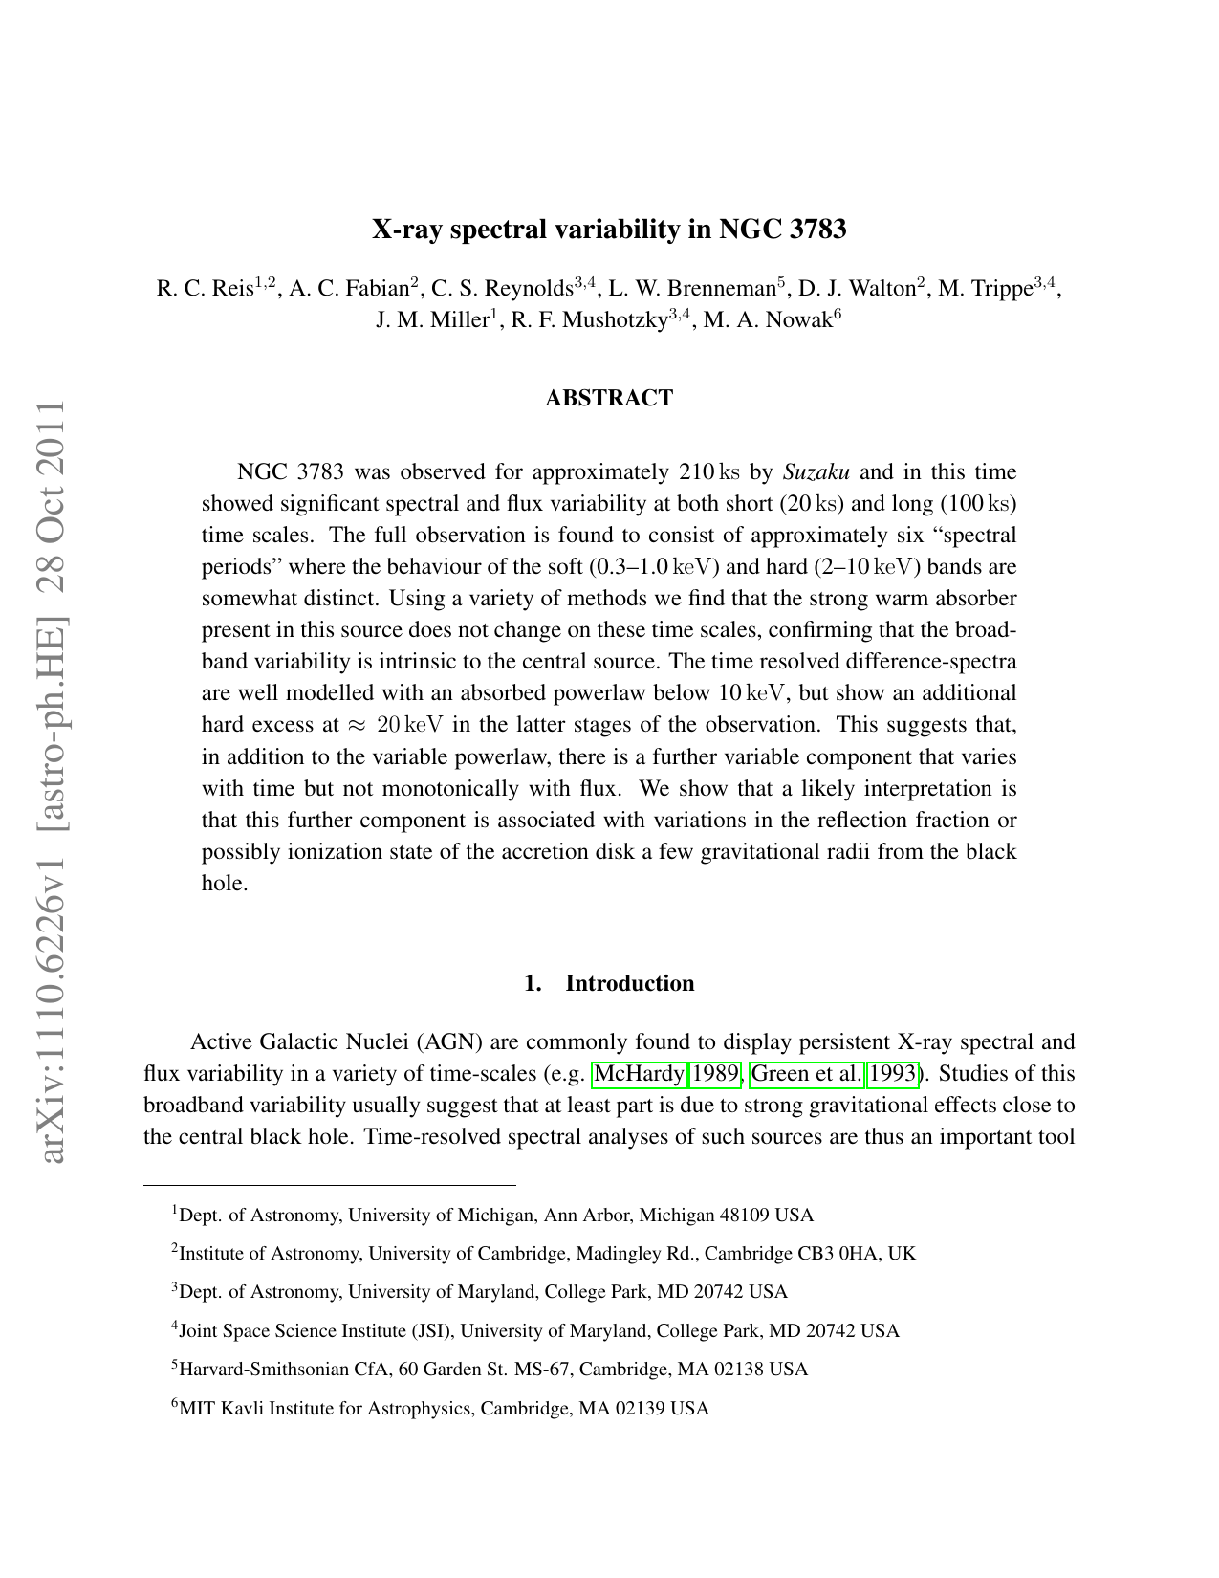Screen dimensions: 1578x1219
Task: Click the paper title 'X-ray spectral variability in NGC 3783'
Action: click(609, 230)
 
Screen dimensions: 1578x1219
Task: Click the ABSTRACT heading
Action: click(609, 398)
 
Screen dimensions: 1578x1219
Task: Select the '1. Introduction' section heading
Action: click(609, 983)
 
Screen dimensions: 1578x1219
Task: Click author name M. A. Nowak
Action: click(768, 320)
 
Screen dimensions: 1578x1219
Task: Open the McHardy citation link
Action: click(639, 1074)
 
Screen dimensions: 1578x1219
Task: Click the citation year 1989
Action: click(715, 1074)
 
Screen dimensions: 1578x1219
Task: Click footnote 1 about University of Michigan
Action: click(492, 1216)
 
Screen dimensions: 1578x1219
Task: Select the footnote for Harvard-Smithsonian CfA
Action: click(490, 1369)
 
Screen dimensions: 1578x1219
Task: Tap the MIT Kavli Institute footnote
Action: click(440, 1408)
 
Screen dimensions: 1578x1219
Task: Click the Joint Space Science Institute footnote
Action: click(535, 1330)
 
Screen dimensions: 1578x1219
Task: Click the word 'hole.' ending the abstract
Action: click(225, 883)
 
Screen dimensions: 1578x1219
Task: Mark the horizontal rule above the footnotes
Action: click(329, 1185)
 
